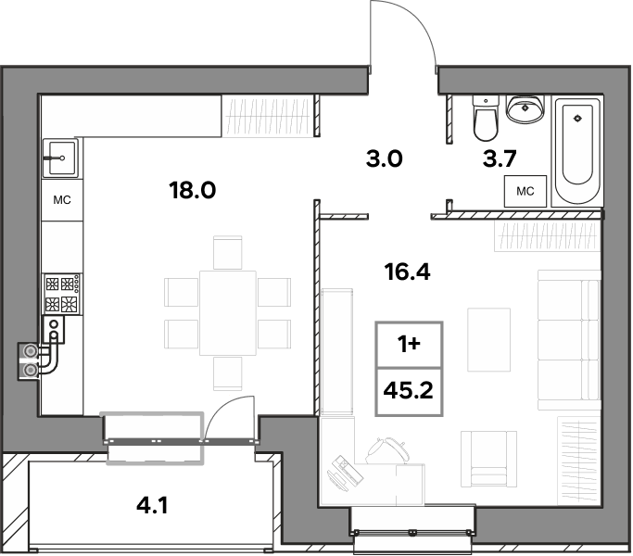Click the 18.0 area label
[x=193, y=190]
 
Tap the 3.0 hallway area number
[x=385, y=158]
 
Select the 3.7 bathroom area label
[x=500, y=158]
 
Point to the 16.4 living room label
[x=408, y=272]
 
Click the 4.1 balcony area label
[x=152, y=506]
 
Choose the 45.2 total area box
[x=409, y=392]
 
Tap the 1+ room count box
[x=409, y=345]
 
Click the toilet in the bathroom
[x=486, y=118]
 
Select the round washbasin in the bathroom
[x=525, y=108]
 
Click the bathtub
[x=577, y=151]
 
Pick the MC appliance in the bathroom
[x=525, y=191]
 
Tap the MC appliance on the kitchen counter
[x=62, y=200]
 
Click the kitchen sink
[x=60, y=158]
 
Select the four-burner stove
[x=63, y=294]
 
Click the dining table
[x=228, y=313]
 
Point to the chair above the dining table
[x=228, y=253]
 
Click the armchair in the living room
[x=488, y=459]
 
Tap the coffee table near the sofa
[x=488, y=339]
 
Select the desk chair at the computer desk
[x=386, y=450]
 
